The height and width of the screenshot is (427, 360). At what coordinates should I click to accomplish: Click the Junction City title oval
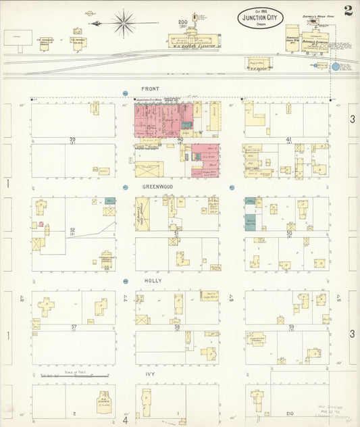261,18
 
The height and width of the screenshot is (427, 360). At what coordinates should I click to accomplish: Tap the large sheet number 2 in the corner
346,11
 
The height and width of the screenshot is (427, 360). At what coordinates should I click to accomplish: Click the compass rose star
123,23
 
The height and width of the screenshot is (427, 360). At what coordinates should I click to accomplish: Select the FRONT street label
150,89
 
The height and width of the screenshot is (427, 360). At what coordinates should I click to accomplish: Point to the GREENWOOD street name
157,186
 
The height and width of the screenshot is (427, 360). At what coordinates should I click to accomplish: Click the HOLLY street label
151,280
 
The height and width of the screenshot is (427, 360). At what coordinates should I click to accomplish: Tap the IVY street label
149,374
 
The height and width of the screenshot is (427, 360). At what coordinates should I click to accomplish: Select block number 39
72,140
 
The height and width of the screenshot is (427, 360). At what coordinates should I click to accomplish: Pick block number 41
288,140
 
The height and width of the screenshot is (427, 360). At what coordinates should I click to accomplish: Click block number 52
72,230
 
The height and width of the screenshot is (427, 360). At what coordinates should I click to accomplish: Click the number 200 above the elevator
182,22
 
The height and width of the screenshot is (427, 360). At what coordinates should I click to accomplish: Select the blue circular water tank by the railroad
336,68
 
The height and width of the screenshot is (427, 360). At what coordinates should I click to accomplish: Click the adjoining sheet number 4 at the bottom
125,420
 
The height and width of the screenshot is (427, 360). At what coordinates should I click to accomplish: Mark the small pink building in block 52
41,224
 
